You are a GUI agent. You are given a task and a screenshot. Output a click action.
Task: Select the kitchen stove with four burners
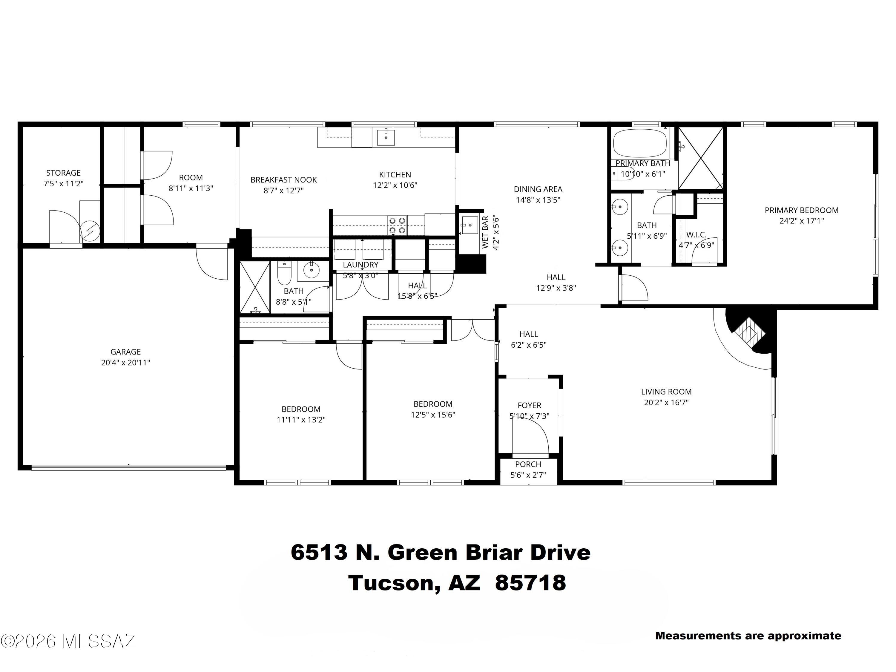point(397,225)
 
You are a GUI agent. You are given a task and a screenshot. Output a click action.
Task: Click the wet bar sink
point(470,225)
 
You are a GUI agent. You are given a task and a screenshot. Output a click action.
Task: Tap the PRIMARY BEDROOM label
point(801,210)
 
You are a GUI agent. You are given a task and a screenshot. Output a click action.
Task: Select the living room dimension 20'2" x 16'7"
point(666,402)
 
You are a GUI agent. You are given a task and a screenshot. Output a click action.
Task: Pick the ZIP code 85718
point(530,583)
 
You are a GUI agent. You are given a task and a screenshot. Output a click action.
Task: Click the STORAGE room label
point(63,173)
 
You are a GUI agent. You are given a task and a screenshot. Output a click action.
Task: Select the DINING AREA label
point(538,189)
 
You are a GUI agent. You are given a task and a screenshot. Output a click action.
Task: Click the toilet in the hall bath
point(284,273)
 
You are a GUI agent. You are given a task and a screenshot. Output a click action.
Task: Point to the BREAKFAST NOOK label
point(283,180)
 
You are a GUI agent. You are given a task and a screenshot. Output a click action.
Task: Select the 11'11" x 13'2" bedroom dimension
point(301,420)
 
